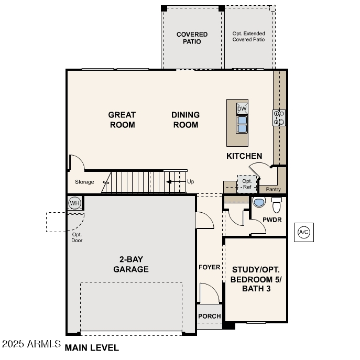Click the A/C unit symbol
(303, 232)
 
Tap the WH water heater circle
(74, 203)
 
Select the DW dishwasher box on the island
(242, 108)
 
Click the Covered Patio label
(192, 38)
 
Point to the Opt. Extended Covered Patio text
(248, 36)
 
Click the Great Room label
(122, 119)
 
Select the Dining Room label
(186, 119)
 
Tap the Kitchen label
(244, 156)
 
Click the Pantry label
(273, 189)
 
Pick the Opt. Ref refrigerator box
(246, 184)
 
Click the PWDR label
(272, 220)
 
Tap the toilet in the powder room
(277, 204)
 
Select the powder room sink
(259, 202)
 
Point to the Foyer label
(209, 267)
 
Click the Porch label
(209, 316)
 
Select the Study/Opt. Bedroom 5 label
(256, 279)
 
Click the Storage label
(84, 182)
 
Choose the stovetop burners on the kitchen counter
(279, 117)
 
